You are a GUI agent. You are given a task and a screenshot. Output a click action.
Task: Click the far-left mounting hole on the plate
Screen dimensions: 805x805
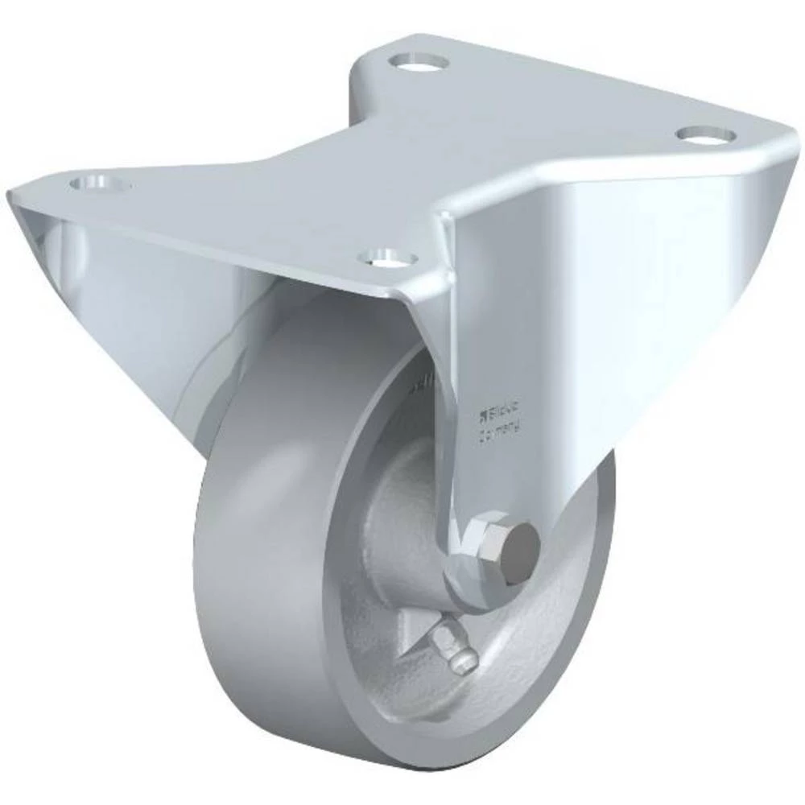pos(101,183)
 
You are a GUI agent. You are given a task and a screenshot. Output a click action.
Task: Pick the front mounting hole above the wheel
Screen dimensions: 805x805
pos(389,258)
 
